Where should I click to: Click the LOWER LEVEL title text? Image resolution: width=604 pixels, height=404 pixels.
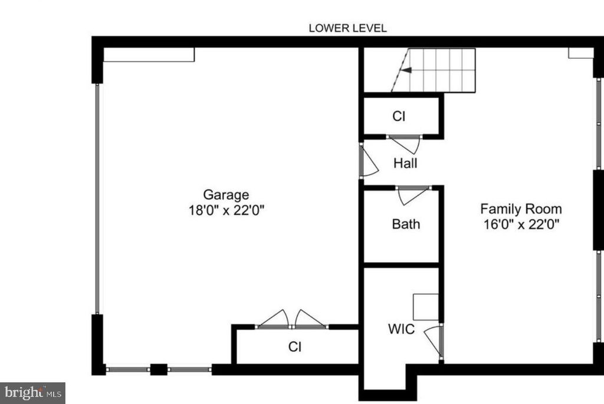click(348, 28)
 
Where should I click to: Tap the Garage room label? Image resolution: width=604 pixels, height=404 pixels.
click(226, 194)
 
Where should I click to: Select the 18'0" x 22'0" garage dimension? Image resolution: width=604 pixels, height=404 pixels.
click(226, 210)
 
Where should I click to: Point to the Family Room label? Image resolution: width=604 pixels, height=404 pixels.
click(521, 208)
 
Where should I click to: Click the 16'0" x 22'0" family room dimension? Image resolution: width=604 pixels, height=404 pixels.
click(521, 224)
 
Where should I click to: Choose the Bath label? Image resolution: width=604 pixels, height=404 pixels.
click(406, 224)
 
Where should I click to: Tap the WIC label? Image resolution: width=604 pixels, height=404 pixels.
click(401, 329)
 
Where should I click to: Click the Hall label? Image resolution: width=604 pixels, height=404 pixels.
click(405, 163)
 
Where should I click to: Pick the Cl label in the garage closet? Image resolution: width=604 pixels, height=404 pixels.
click(295, 347)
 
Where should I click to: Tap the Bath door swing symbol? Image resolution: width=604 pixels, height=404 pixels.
click(412, 196)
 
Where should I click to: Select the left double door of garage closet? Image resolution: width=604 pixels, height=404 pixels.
click(274, 320)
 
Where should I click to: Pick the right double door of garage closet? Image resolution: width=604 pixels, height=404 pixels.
click(310, 320)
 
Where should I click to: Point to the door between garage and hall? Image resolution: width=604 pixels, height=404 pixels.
click(368, 162)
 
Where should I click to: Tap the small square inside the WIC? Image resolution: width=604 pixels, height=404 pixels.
click(425, 306)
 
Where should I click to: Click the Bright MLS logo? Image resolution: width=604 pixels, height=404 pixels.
click(32, 392)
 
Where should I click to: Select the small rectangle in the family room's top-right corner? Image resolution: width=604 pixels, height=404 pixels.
click(580, 53)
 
